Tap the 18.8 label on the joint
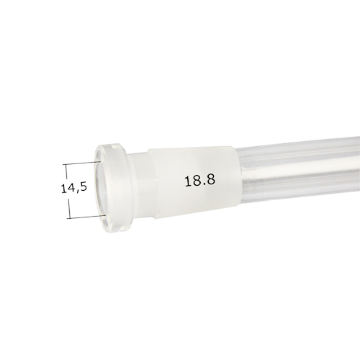tap(199, 181)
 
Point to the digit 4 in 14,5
tap(71, 188)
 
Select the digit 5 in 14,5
tap(83, 188)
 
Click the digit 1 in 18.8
tap(187, 181)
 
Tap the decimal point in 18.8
tap(202, 185)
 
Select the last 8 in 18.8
tap(210, 181)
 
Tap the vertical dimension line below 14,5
tap(68, 207)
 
